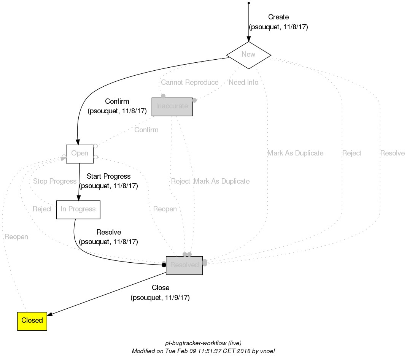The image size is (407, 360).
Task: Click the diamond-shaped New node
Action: (x=248, y=55)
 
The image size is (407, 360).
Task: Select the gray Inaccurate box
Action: (x=172, y=106)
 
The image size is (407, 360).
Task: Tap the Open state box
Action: (x=80, y=154)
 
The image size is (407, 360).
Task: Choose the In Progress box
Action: (x=78, y=209)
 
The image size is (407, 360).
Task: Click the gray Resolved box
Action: (x=184, y=265)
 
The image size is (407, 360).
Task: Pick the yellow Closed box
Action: (x=32, y=321)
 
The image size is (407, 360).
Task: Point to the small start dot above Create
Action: (x=248, y=3)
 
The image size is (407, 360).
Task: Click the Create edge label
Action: (x=278, y=17)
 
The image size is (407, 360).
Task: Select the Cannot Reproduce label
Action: (x=189, y=82)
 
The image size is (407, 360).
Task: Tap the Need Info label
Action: (x=243, y=82)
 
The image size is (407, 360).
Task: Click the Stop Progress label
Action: (x=55, y=181)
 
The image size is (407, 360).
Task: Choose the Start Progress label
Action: (x=108, y=176)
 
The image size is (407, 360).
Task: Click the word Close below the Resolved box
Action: (x=161, y=288)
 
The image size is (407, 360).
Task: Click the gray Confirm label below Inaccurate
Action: (x=146, y=130)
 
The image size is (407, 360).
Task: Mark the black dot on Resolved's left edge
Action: (x=164, y=265)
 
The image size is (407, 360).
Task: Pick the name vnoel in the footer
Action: (x=266, y=351)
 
